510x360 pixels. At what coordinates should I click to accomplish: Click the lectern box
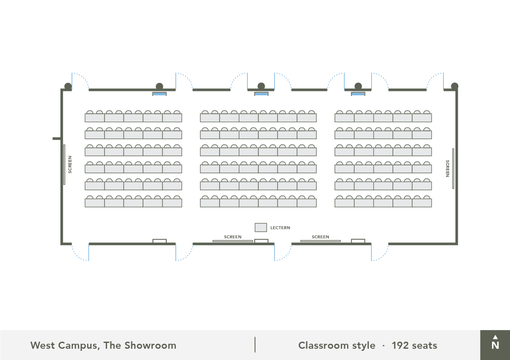(261, 227)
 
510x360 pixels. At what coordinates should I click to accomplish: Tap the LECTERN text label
(280, 228)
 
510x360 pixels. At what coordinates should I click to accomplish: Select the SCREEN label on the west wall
(70, 165)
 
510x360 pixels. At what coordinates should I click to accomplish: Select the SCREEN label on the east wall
(447, 168)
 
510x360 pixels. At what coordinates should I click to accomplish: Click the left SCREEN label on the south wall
(232, 237)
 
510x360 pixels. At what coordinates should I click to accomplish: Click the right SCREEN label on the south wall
(320, 237)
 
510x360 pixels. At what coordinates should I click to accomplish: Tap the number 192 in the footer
(400, 345)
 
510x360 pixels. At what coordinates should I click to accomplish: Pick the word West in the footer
(43, 345)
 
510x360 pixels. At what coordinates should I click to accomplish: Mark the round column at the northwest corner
(68, 87)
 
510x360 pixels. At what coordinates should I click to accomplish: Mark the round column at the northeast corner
(455, 86)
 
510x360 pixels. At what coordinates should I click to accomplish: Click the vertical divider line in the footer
(255, 345)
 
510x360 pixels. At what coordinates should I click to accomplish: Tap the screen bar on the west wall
(64, 165)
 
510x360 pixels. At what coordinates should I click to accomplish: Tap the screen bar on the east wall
(453, 168)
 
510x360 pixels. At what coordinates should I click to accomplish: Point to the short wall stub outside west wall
(57, 138)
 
